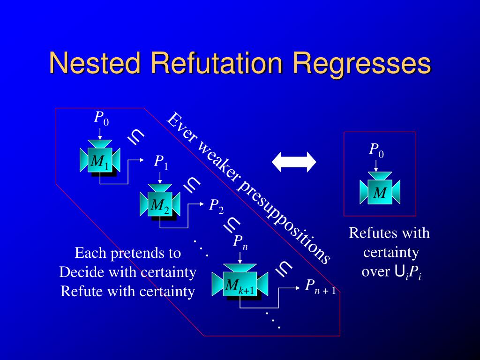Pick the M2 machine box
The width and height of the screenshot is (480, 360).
(160, 204)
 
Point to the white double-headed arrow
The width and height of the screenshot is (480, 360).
(294, 161)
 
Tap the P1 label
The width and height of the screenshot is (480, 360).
(161, 162)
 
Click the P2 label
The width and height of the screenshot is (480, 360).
(216, 205)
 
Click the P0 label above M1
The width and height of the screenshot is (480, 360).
(101, 118)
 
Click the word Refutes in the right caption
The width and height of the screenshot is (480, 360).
(371, 233)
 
